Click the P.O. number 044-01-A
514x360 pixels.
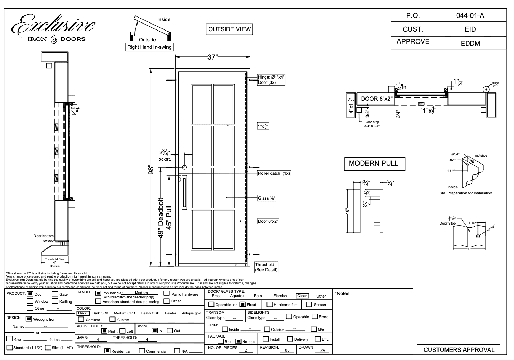470,16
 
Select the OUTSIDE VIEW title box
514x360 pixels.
230,29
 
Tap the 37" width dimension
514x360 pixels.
212,57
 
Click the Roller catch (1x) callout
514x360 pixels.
274,173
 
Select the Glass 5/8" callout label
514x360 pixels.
267,198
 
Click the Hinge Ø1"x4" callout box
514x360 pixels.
271,80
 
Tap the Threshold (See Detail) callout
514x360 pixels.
266,267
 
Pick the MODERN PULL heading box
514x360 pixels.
374,163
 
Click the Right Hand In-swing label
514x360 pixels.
150,47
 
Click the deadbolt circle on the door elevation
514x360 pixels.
184,167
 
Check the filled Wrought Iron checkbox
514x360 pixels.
29,319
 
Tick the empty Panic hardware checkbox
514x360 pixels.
167,294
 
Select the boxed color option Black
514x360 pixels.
82,313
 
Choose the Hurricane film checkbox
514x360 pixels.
270,305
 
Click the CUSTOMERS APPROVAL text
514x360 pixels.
459,350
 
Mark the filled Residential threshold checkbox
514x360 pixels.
107,351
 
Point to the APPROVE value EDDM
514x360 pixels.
470,44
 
